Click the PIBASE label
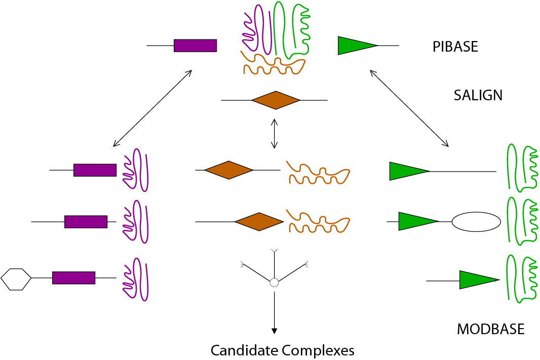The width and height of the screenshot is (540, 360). click(x=455, y=47)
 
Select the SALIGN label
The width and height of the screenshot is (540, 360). click(x=478, y=95)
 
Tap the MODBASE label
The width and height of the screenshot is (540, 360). click(x=490, y=330)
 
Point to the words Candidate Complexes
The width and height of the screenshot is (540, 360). click(x=282, y=350)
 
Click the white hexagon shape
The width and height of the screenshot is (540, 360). click(x=16, y=279)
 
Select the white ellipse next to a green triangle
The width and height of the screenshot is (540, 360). click(x=476, y=222)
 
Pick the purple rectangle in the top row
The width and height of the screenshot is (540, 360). click(x=196, y=46)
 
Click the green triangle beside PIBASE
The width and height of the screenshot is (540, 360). click(x=355, y=46)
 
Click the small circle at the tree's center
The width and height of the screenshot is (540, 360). click(x=274, y=283)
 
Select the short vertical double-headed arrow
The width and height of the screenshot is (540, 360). click(x=274, y=134)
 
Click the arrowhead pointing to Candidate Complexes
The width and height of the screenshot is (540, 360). click(x=274, y=331)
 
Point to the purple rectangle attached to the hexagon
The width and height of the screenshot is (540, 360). click(x=73, y=278)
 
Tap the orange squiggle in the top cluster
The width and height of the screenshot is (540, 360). click(x=274, y=63)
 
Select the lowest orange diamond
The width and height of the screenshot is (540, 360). click(x=259, y=222)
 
